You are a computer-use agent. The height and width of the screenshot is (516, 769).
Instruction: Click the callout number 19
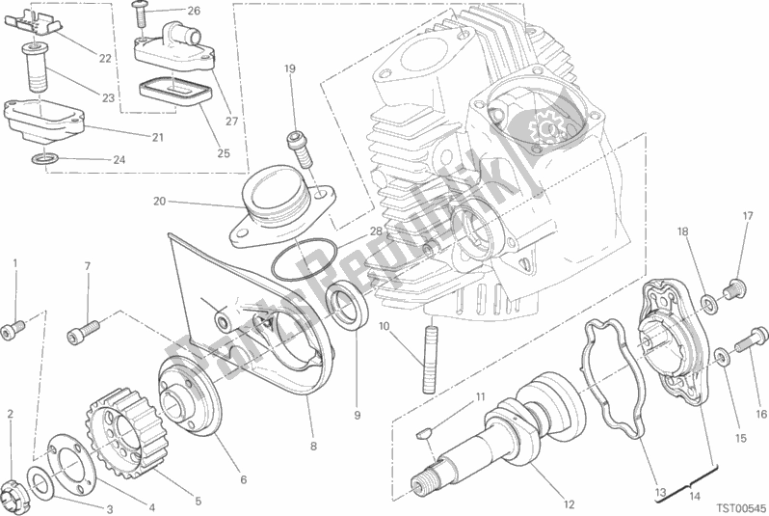tap(290, 68)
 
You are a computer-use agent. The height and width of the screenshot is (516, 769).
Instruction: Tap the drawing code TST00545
tap(742, 507)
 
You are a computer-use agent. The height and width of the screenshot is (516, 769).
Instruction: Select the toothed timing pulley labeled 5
tap(128, 428)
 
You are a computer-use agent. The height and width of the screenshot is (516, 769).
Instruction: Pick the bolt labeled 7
tap(84, 329)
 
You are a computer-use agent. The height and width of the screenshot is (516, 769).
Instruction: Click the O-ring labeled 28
tap(303, 258)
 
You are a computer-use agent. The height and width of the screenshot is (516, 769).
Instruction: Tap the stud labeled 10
tap(429, 355)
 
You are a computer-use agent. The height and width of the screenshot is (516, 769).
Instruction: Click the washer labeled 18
tap(708, 304)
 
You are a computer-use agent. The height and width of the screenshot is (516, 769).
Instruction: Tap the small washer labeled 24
tap(44, 158)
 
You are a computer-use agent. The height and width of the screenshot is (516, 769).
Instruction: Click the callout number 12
tap(569, 504)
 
